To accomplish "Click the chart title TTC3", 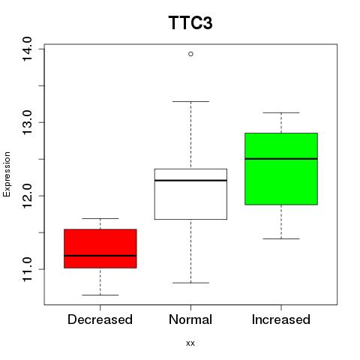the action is click(190, 22).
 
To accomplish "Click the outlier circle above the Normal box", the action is click(190, 54).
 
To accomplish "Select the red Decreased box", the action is click(100, 248).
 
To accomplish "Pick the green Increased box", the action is click(281, 169).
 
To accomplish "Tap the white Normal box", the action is click(190, 194).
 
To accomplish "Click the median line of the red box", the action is click(100, 256).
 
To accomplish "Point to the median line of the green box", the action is click(281, 159).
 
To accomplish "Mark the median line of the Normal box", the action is click(190, 180).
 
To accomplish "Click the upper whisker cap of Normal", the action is click(190, 101).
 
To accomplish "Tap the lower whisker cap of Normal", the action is click(190, 283).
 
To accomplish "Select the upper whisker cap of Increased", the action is click(281, 112).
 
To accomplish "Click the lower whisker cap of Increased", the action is click(281, 238).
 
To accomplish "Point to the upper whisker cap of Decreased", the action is click(100, 218).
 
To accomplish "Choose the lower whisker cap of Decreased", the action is click(100, 295).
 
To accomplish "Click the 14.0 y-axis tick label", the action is click(27, 49).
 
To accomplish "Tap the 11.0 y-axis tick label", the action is click(27, 269).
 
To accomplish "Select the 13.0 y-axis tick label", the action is click(27, 122).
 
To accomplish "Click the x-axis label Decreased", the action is click(100, 319).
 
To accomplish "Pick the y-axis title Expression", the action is click(7, 174).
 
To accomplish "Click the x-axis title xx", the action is click(190, 343).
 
